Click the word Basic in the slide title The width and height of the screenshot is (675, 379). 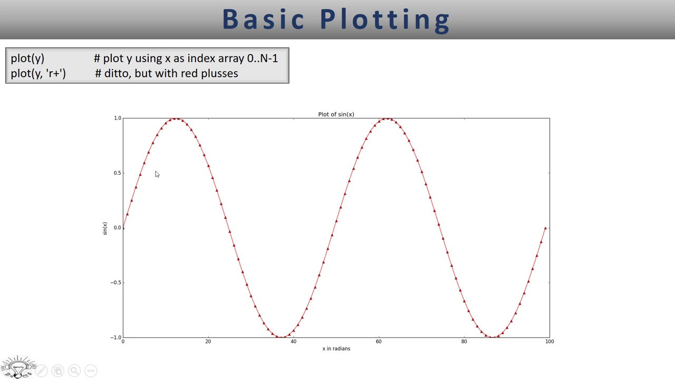click(264, 19)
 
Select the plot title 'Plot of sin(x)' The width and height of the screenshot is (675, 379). click(336, 114)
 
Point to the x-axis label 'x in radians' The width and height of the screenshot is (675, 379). click(336, 348)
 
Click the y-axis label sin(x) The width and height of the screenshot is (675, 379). click(105, 228)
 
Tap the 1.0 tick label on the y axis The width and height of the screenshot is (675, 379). click(117, 118)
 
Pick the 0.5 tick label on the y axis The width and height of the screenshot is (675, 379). click(117, 173)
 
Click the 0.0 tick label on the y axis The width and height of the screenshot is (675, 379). click(117, 228)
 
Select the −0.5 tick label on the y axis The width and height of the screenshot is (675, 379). click(115, 283)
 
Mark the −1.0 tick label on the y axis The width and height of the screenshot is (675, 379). click(115, 337)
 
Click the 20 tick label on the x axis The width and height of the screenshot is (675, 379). click(208, 342)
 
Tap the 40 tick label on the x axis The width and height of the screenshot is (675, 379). click(293, 342)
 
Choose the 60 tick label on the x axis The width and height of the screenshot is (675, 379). click(379, 342)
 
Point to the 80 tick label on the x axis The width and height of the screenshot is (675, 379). click(464, 342)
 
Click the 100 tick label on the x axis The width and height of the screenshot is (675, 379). click(549, 342)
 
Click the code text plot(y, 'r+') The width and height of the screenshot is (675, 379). click(38, 73)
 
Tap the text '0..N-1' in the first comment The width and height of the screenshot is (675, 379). click(262, 58)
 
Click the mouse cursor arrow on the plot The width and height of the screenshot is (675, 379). click(157, 174)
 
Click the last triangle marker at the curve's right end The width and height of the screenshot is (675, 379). click(545, 228)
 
